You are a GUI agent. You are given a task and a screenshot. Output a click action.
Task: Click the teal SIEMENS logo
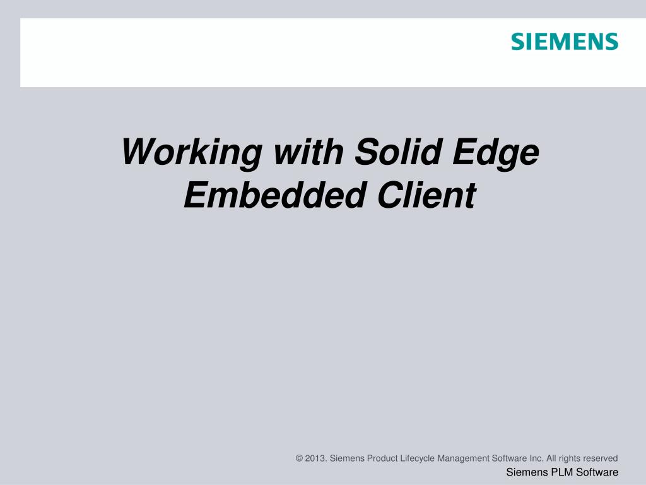[x=564, y=42]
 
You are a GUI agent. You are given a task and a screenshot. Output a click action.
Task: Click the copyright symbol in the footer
[x=299, y=458]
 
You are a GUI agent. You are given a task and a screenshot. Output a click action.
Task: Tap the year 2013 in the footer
[x=316, y=458]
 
